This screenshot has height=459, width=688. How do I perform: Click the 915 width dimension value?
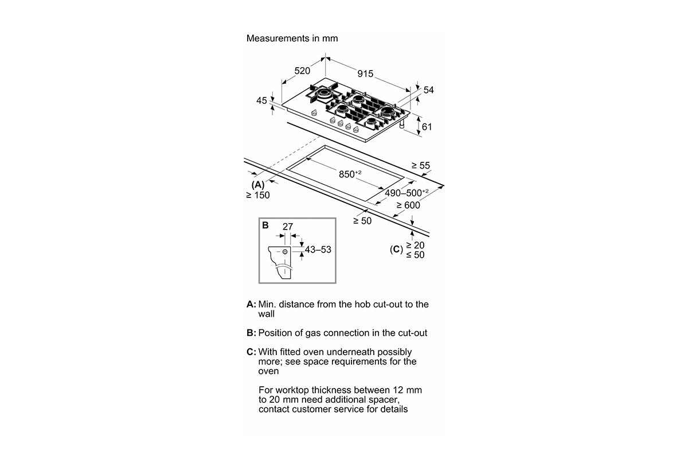click(365, 73)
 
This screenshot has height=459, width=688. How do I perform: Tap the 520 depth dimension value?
click(302, 71)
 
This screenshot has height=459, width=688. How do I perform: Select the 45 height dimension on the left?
click(261, 100)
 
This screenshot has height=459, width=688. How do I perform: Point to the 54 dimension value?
click(429, 90)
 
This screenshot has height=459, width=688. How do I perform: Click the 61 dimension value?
click(426, 127)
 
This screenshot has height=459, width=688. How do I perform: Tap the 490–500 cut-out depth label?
click(406, 193)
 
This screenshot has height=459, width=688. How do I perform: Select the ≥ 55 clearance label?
click(420, 166)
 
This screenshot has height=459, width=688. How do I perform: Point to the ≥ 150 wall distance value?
click(257, 195)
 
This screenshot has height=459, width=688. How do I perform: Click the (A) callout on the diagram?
click(257, 184)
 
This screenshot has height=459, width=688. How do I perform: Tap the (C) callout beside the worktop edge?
click(396, 250)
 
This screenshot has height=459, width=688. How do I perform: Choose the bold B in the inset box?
click(265, 225)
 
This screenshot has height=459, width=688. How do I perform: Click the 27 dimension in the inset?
click(287, 227)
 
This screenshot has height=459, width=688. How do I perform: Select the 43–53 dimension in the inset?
click(318, 250)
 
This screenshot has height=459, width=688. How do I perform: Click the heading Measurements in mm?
click(292, 38)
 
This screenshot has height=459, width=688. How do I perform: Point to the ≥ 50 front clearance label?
click(363, 221)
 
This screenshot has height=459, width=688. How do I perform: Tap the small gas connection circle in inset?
click(285, 251)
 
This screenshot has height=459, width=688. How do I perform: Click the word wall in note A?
click(266, 314)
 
